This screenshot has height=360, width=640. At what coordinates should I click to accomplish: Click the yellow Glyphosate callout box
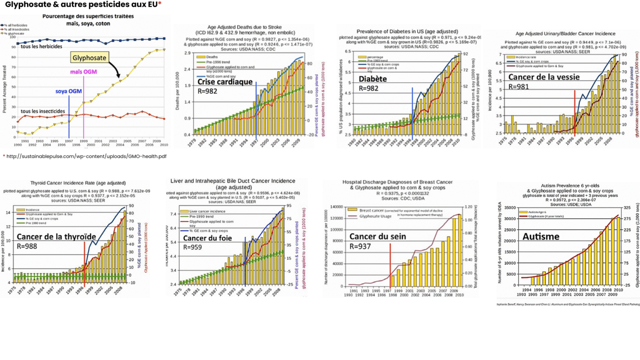[89, 58]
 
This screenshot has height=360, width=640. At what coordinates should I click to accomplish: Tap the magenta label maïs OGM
[83, 72]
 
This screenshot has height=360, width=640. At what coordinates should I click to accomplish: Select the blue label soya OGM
[68, 91]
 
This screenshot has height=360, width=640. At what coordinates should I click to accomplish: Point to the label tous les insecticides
[43, 111]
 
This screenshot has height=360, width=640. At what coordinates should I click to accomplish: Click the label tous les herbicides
[41, 47]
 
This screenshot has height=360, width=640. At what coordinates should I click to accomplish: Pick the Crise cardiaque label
[225, 82]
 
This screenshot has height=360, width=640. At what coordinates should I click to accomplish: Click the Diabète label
[372, 79]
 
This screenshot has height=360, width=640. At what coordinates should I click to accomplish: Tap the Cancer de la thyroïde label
[56, 237]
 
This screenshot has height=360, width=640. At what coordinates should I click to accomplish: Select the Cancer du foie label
[207, 238]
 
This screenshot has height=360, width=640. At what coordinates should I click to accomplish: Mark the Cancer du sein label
[377, 237]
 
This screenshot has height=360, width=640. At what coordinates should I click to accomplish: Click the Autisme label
[541, 237]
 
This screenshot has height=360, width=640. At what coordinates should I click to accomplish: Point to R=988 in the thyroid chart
[27, 246]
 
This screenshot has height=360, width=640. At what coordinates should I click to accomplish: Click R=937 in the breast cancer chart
[360, 246]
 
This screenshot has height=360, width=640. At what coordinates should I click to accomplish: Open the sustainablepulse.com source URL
[86, 156]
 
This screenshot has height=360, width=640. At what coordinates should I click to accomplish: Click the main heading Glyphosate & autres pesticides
[82, 5]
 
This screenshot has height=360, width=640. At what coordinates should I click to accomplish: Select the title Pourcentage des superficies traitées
[88, 16]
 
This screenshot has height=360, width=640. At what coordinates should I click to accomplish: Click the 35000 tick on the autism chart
[510, 207]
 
